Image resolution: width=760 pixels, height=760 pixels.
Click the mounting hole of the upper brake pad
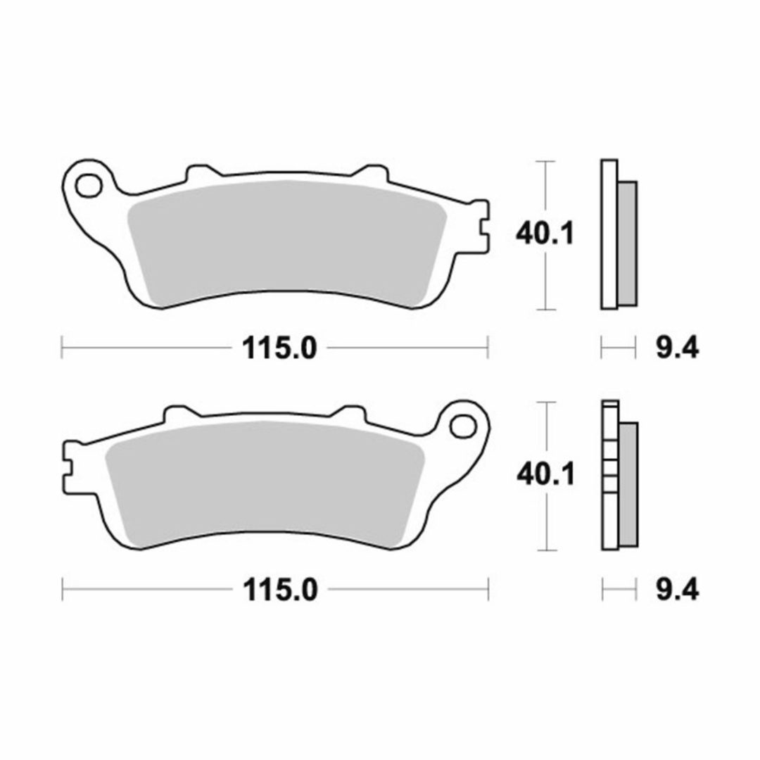[x=88, y=185]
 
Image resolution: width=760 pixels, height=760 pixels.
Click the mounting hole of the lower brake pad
[x=462, y=426]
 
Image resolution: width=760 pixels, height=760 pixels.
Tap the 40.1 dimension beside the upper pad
[x=544, y=234]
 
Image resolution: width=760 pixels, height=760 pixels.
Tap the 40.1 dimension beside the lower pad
[x=545, y=474]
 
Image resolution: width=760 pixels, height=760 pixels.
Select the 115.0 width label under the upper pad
[x=279, y=348]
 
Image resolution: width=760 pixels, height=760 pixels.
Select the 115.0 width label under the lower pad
[x=279, y=590]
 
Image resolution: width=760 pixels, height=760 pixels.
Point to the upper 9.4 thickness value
[x=677, y=348]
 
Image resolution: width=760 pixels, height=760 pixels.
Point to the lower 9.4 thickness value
[x=677, y=590]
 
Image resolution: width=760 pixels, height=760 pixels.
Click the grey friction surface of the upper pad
[x=286, y=242]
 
